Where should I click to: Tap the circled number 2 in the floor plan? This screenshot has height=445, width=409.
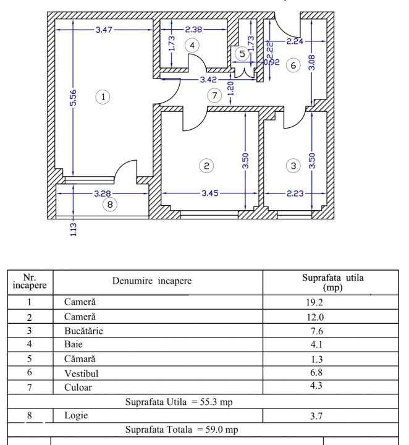pyautogui.click(x=207, y=165)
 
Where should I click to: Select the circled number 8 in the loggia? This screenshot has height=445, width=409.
pyautogui.click(x=109, y=205)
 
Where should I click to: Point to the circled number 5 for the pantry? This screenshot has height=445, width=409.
pyautogui.click(x=242, y=54)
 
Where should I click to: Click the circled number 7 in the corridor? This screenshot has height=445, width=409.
pyautogui.click(x=214, y=96)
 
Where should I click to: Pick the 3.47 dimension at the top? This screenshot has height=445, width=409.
pyautogui.click(x=104, y=30)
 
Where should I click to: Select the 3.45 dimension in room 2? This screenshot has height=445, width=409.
pyautogui.click(x=210, y=193)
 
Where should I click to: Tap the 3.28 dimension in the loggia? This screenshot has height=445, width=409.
pyautogui.click(x=103, y=193)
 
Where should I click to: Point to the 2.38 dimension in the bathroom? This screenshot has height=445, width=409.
pyautogui.click(x=196, y=30)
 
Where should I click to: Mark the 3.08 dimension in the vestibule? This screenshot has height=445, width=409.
pyautogui.click(x=311, y=62)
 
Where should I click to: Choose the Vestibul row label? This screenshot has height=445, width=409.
pyautogui.click(x=80, y=373)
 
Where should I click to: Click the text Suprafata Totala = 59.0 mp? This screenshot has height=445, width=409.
pyautogui.click(x=182, y=429)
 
